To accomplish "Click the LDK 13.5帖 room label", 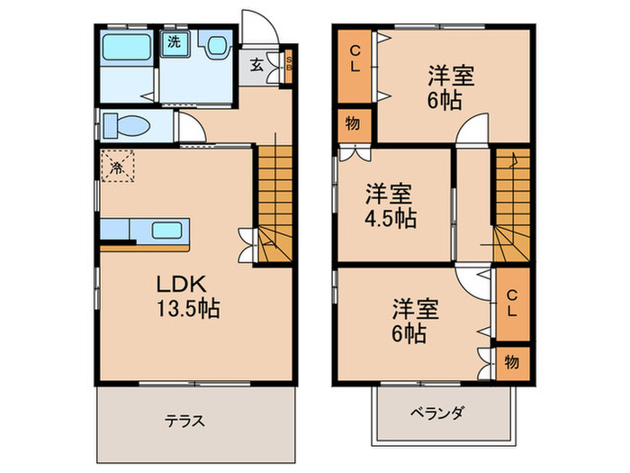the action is [188, 296].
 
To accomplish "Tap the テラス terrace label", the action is [184, 421].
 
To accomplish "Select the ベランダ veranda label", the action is [437, 413].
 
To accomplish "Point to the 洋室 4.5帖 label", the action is [390, 206].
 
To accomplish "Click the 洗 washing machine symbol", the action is [175, 41].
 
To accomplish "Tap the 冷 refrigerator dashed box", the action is [117, 166].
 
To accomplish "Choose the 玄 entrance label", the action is [256, 65].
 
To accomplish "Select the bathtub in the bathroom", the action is [126, 47].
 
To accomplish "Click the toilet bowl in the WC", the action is [126, 125].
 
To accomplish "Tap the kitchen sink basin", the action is [166, 231].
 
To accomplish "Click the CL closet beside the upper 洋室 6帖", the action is [355, 66].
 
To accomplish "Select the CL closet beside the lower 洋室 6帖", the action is [513, 305].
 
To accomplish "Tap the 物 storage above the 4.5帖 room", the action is [353, 125].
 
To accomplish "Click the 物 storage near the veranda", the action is [513, 363].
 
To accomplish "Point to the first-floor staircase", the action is [274, 205].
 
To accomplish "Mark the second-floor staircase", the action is [511, 205].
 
